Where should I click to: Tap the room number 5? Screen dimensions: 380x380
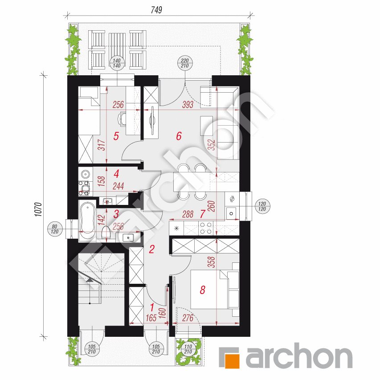pos(116,136)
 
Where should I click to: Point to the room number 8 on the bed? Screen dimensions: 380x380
pos(202,290)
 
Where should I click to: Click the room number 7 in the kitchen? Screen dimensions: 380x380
pos(202,214)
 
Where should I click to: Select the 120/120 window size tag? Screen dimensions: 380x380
pos(261,206)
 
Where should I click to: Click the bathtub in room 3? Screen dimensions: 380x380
pos(87,218)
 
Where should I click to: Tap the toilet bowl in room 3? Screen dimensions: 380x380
pos(106,233)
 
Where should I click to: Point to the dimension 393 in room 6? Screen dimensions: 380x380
pos(188,105)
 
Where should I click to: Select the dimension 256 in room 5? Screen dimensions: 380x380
pos(118,105)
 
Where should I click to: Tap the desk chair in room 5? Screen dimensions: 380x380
pos(123,119)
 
